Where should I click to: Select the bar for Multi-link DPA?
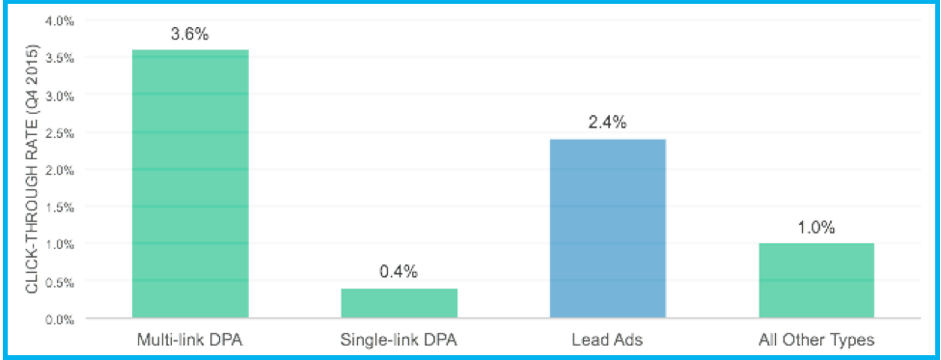(190, 183)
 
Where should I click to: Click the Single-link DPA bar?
(399, 303)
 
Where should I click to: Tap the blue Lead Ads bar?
(607, 229)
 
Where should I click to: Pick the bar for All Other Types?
(816, 280)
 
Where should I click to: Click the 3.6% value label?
(190, 35)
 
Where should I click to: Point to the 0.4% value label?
(399, 272)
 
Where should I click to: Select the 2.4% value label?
(607, 123)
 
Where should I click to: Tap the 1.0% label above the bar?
(816, 228)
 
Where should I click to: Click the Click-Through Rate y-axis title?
(32, 169)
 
